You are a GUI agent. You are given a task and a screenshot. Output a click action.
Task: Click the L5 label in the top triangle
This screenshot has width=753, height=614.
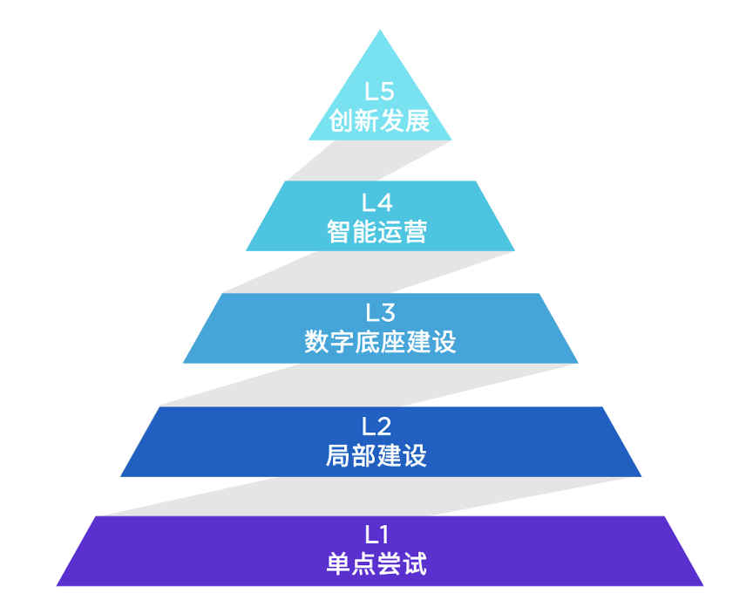coord(380,92)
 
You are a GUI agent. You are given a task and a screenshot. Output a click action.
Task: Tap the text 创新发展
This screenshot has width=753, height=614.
coord(380,120)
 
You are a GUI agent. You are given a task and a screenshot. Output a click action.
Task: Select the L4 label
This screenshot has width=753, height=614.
coord(378,203)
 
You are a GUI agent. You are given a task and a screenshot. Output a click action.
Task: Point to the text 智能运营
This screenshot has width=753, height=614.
coord(378,232)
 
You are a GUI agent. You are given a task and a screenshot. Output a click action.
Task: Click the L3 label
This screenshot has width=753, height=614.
coord(379,313)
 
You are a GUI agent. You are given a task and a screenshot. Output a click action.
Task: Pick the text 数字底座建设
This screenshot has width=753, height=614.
coord(380,342)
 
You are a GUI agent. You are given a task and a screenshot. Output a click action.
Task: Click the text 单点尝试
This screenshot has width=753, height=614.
coord(377,563)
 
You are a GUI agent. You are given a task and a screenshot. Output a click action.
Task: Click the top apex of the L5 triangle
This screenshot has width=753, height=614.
coord(380,31)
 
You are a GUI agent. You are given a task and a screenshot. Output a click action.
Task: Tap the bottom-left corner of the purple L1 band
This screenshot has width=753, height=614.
coord(58,584)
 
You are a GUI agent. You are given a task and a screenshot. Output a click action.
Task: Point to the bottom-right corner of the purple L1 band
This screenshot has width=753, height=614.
coord(702,584)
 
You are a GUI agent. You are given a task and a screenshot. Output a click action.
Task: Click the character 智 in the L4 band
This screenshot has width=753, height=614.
coord(340,232)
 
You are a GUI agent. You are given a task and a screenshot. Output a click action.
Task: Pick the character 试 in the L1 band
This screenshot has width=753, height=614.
coord(416,563)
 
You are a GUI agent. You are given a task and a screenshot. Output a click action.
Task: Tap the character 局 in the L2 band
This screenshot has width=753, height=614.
coord(340,455)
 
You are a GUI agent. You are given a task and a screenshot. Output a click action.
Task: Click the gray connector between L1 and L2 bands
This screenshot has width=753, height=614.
coord(375,497)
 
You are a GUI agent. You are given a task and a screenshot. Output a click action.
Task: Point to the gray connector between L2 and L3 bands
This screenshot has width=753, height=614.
coord(375,385)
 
